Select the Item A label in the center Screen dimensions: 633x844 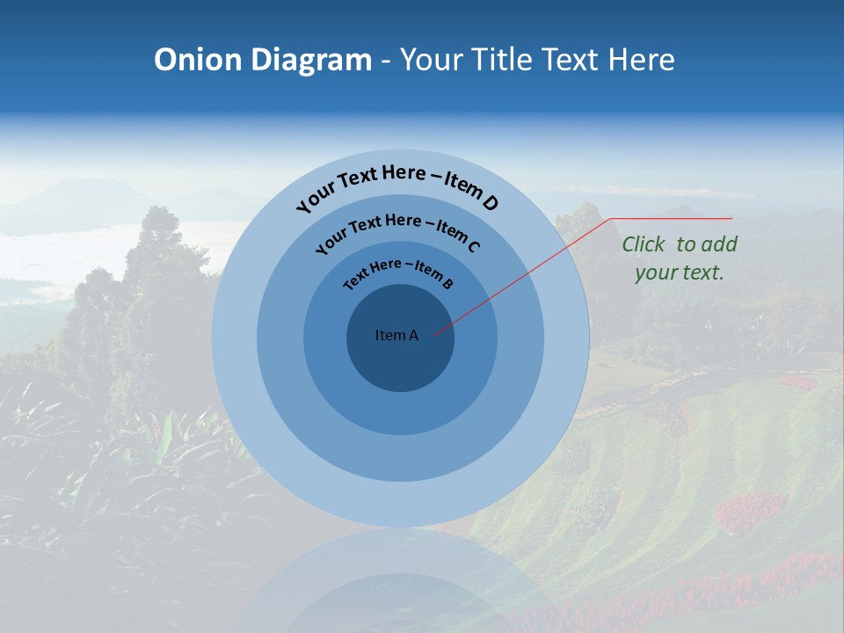pyautogui.click(x=397, y=335)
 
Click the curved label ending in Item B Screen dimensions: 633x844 pyautogui.click(x=398, y=272)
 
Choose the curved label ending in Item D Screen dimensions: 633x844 pyautogui.click(x=397, y=187)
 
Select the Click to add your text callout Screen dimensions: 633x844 pyautogui.click(x=679, y=258)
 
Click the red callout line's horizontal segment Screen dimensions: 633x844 pyautogui.click(x=672, y=218)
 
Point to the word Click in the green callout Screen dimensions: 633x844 pyautogui.click(x=644, y=244)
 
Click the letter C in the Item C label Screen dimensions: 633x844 pyautogui.click(x=473, y=245)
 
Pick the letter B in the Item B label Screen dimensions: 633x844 pyautogui.click(x=447, y=283)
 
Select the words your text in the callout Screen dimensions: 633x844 pyautogui.click(x=679, y=273)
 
